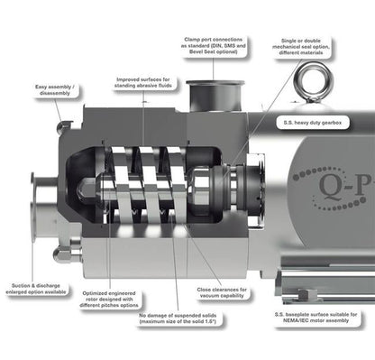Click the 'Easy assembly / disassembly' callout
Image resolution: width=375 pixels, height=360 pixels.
(55, 90)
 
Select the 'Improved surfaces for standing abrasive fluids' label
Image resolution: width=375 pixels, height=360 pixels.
(143, 83)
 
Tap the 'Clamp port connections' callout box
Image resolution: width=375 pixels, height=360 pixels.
(215, 46)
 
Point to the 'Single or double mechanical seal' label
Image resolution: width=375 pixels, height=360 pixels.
(301, 47)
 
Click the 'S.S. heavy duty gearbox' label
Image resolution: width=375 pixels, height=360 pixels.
(313, 123)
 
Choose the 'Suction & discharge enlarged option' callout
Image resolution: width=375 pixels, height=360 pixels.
(36, 289)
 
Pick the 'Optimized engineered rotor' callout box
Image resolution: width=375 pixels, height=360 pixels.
(109, 300)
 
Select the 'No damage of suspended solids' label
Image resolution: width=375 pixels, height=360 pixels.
(178, 318)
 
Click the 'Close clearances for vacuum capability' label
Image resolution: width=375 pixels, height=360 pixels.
(222, 292)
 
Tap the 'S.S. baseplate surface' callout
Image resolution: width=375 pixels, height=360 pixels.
(316, 318)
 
